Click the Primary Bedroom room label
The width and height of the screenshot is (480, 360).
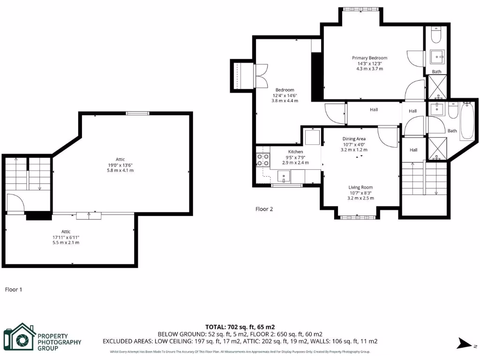click(369, 58)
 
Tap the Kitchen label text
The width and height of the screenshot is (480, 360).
click(295, 152)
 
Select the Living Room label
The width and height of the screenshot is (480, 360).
click(360, 187)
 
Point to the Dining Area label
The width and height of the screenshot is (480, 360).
click(354, 139)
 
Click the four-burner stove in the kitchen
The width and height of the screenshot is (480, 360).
click(262, 160)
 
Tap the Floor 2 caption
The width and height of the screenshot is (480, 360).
click(264, 209)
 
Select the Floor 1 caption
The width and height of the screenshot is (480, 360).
click(14, 290)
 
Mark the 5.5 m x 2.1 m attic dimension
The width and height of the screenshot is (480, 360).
click(66, 242)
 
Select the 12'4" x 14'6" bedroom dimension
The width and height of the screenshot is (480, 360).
click(285, 95)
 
